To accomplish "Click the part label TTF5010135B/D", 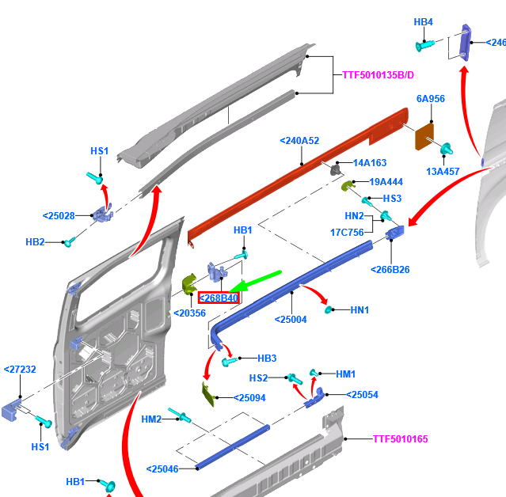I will (378, 75).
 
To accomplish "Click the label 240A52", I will (299, 141).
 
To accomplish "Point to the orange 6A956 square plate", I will (425, 135).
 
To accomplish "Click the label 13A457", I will (443, 171).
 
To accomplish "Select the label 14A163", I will (370, 162).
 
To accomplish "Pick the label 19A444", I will (386, 181).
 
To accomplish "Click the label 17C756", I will (347, 232).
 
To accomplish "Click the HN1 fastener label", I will (360, 310).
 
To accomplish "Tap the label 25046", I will (163, 469).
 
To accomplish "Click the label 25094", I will (249, 397).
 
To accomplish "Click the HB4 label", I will (424, 21).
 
